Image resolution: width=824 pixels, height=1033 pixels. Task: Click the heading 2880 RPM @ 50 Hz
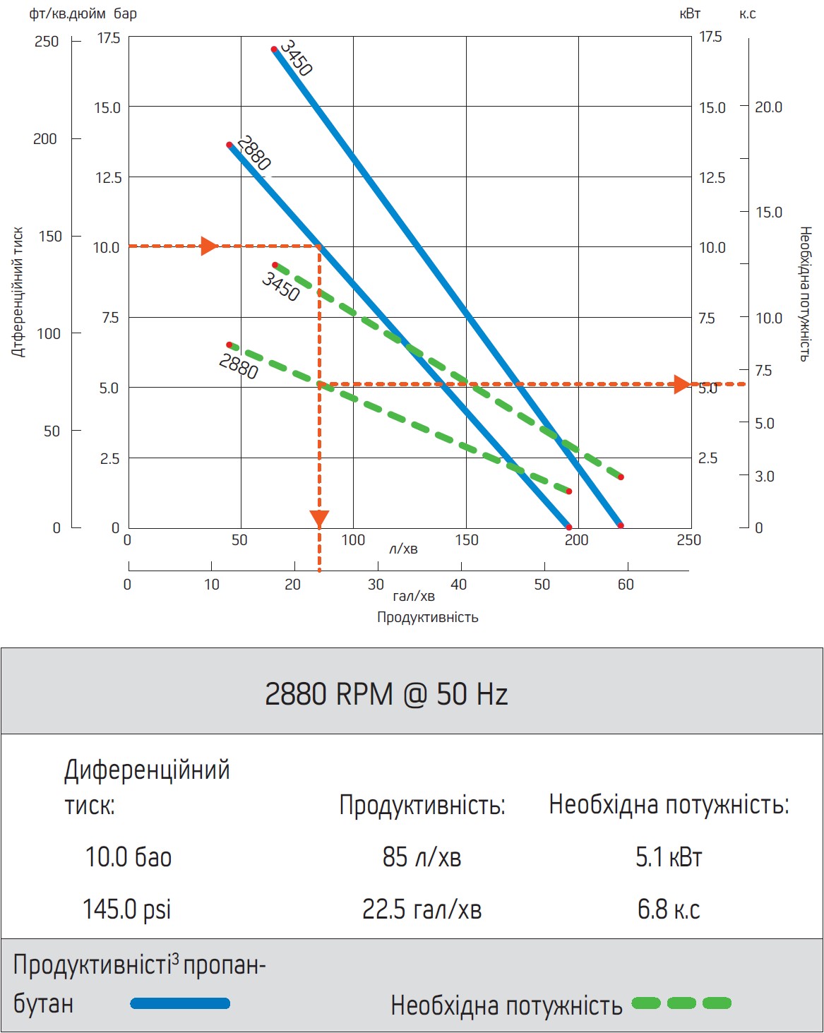click(386, 694)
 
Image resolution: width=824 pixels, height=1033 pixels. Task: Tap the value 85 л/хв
click(422, 856)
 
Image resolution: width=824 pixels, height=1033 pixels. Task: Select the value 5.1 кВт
click(669, 856)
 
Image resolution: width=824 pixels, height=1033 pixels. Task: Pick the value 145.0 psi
click(127, 909)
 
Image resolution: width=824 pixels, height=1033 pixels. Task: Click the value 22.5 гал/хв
click(422, 909)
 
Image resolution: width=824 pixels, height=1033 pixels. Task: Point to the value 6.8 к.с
click(669, 909)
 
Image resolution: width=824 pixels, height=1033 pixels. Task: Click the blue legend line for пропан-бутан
click(180, 1003)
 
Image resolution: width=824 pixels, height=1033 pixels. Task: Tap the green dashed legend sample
click(681, 1003)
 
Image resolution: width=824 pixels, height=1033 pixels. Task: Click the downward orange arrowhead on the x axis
click(319, 519)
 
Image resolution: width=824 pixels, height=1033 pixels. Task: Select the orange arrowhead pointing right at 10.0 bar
click(208, 246)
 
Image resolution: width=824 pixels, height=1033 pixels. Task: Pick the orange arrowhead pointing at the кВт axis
click(681, 384)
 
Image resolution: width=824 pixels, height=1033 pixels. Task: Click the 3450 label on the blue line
click(296, 58)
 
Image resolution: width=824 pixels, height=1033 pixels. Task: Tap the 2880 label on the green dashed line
click(238, 366)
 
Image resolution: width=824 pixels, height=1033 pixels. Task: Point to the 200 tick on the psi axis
click(45, 139)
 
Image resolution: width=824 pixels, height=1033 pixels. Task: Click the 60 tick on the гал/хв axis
click(626, 585)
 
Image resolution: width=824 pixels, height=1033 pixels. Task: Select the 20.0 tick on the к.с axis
click(769, 107)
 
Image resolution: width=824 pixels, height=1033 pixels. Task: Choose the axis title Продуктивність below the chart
click(427, 617)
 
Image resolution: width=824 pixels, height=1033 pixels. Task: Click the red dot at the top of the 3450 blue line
click(274, 49)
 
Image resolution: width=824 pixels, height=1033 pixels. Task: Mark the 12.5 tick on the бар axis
click(109, 178)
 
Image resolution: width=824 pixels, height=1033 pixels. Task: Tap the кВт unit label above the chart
click(690, 14)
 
